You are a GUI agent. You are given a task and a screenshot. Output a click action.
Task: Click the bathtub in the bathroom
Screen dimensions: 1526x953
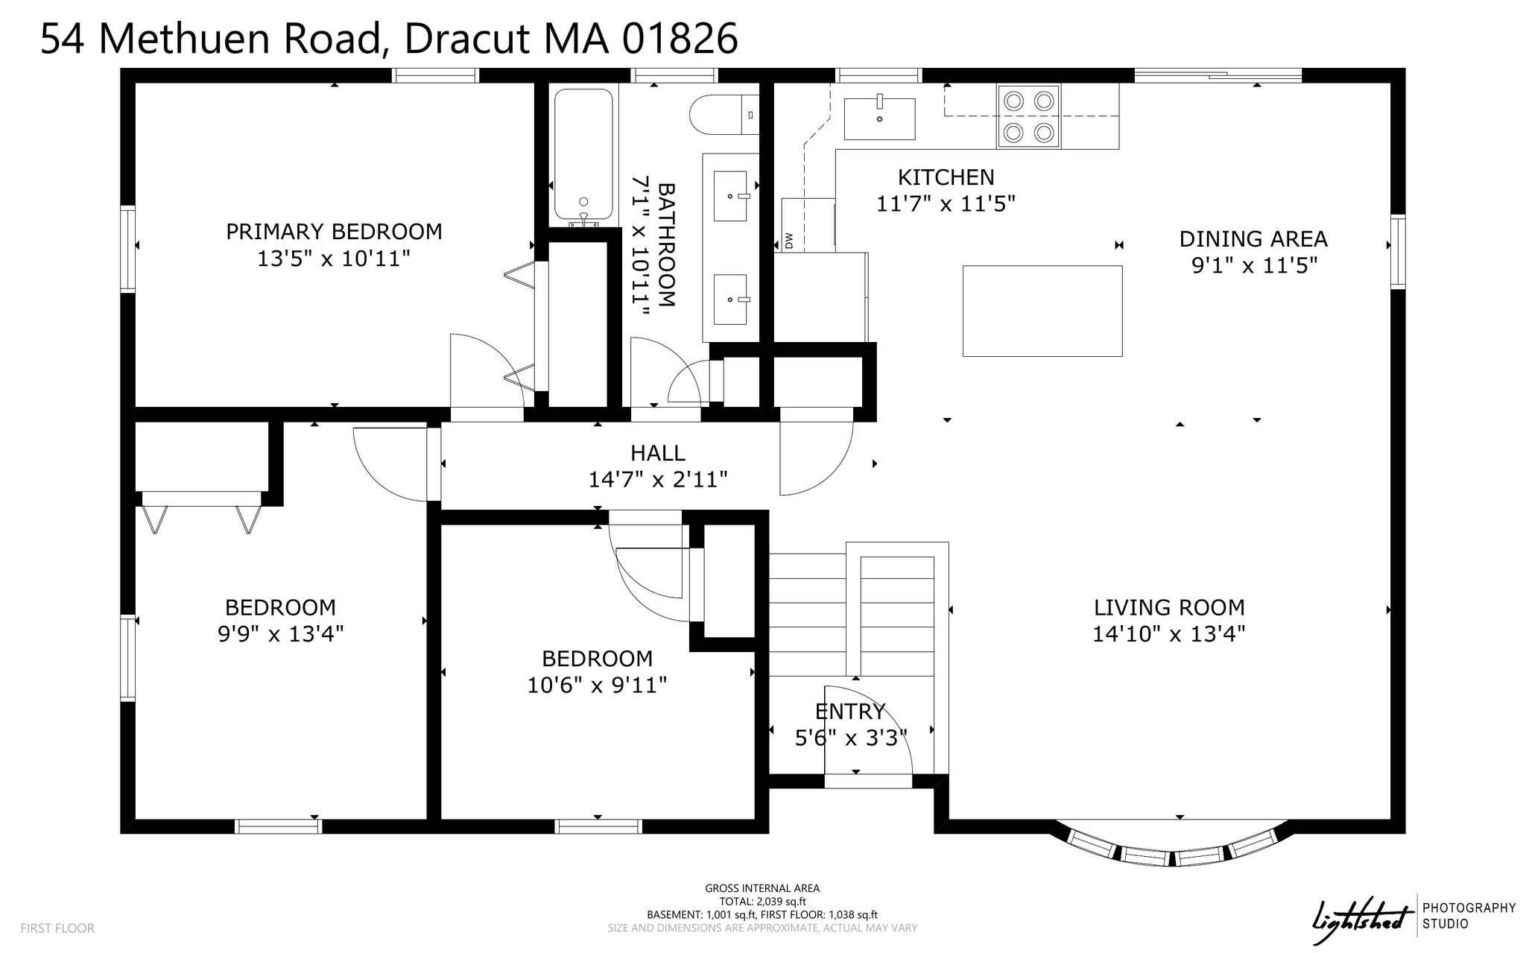coord(583,157)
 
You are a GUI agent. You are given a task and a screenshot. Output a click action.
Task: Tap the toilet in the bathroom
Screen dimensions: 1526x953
coord(724,115)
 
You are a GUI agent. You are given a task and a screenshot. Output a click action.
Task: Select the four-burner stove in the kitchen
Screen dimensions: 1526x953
coord(1028,116)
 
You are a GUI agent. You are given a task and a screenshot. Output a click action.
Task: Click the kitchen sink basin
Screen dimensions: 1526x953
coord(879,118)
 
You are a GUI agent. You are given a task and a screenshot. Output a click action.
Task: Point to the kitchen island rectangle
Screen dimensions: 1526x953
coord(1042,311)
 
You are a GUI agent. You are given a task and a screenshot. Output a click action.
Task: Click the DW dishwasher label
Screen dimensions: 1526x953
coord(789,240)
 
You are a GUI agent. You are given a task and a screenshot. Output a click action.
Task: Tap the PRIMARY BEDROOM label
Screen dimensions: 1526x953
coord(334,232)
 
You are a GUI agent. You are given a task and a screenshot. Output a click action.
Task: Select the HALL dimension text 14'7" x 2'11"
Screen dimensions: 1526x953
coord(658,479)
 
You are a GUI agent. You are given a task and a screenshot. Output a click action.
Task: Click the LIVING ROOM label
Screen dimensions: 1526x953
coord(1169,607)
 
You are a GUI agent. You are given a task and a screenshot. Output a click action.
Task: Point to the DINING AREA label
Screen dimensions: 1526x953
coord(1253,239)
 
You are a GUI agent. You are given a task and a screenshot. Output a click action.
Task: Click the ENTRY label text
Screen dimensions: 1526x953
coord(850,711)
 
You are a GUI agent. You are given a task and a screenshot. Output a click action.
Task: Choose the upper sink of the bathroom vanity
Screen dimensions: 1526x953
coord(730,196)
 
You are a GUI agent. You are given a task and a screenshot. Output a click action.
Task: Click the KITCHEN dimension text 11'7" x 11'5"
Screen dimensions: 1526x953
coord(946,203)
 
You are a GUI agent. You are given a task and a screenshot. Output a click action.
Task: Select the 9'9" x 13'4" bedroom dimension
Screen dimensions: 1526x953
coord(280,634)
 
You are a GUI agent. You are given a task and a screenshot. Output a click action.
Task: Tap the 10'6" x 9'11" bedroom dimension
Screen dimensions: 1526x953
coord(597,685)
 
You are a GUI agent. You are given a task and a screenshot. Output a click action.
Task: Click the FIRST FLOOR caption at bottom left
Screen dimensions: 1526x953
coord(57,928)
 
